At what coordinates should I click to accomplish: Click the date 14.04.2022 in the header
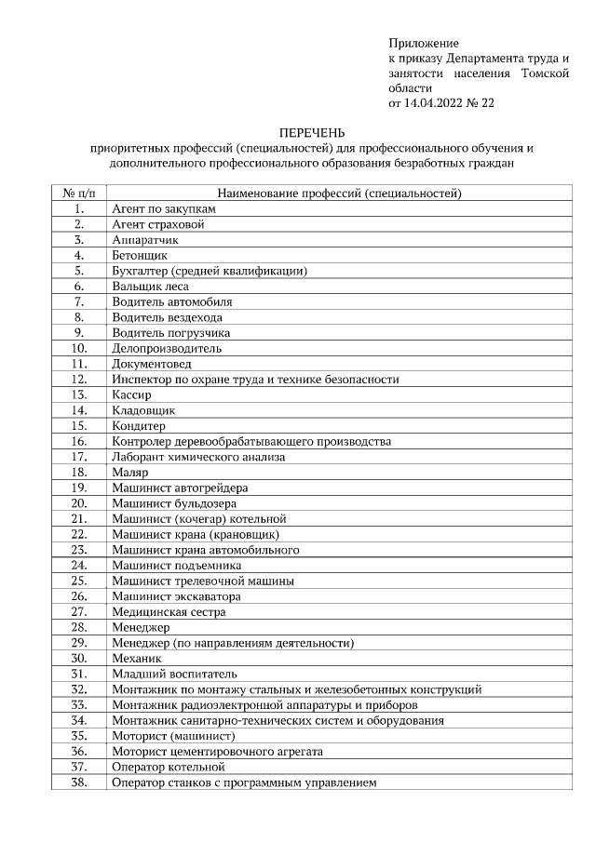(431, 103)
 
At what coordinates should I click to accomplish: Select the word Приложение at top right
(424, 44)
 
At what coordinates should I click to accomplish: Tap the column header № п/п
(79, 194)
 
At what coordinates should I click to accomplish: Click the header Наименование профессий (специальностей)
(339, 194)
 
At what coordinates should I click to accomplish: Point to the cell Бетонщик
(140, 255)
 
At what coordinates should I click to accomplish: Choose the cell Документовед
(151, 364)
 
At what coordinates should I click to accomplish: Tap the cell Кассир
(131, 394)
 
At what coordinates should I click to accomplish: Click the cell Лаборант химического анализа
(198, 457)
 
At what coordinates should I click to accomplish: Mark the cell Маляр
(130, 473)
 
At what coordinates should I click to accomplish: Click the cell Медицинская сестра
(169, 612)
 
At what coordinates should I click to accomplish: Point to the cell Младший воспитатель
(175, 674)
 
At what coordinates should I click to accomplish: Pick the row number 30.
(79, 658)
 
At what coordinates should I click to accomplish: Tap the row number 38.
(79, 782)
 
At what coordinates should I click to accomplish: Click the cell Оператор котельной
(169, 767)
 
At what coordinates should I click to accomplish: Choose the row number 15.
(79, 426)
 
